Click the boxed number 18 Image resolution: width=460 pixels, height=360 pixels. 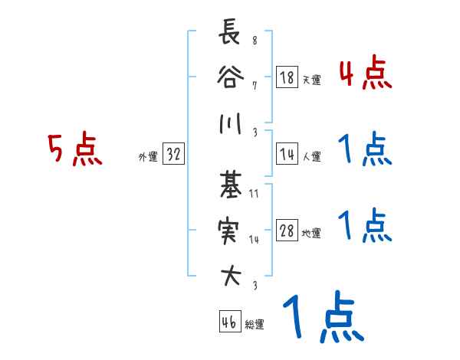point(287,78)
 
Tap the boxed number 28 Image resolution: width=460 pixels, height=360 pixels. point(287,231)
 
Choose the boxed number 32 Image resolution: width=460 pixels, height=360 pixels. point(173,155)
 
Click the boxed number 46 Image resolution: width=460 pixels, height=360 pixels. point(228,322)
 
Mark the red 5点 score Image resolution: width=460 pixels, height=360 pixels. point(75,149)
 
